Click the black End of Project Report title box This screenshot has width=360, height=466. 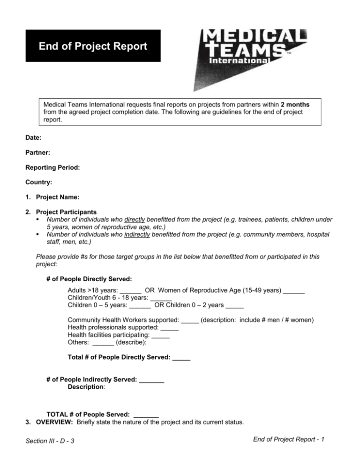click(93, 46)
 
